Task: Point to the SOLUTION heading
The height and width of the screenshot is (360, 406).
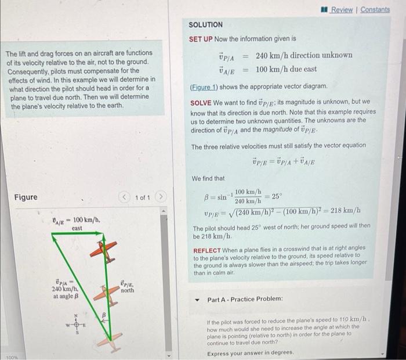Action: pyautogui.click(x=205, y=25)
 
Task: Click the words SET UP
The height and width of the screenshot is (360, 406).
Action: pyautogui.click(x=201, y=39)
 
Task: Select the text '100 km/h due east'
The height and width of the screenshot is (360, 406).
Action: pyautogui.click(x=286, y=69)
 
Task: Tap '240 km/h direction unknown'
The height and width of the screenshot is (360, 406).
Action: pyautogui.click(x=303, y=55)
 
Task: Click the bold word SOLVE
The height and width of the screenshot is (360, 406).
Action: pyautogui.click(x=202, y=102)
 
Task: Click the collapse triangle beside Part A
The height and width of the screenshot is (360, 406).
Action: pyautogui.click(x=197, y=298)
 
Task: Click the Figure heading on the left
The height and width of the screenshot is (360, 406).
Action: pyautogui.click(x=26, y=197)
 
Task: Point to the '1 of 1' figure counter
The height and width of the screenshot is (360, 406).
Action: pyautogui.click(x=143, y=197)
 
